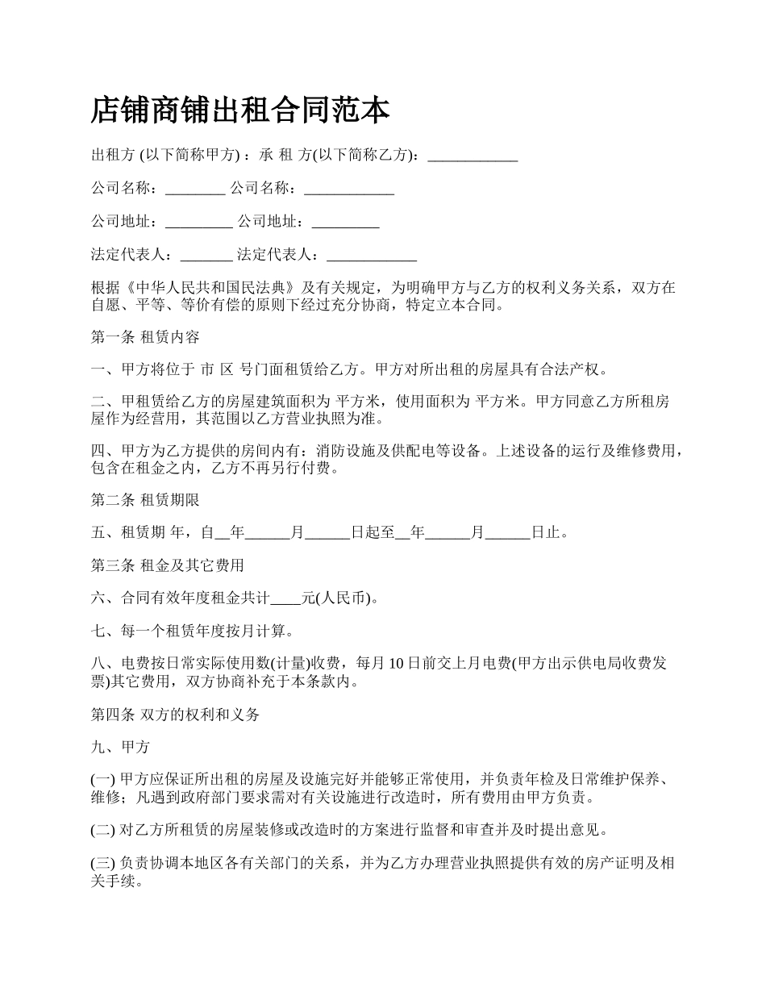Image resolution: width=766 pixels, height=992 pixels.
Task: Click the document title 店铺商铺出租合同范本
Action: (x=240, y=110)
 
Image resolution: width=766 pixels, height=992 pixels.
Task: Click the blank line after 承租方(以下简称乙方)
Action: (x=473, y=156)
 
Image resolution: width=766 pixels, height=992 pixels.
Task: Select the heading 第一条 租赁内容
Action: (x=145, y=336)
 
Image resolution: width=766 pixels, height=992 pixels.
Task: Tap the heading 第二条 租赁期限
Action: (x=145, y=500)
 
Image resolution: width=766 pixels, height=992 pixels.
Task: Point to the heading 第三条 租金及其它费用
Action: (x=168, y=565)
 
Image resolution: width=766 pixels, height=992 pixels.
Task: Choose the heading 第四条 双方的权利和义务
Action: (x=175, y=714)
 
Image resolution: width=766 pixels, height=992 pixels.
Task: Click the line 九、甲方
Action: (x=120, y=747)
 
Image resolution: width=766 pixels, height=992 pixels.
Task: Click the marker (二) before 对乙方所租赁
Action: (x=104, y=829)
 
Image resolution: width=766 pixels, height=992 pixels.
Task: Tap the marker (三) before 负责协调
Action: (x=104, y=863)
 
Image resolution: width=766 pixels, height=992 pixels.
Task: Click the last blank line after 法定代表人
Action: (x=371, y=255)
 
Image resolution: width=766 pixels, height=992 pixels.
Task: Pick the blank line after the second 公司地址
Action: (x=345, y=222)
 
